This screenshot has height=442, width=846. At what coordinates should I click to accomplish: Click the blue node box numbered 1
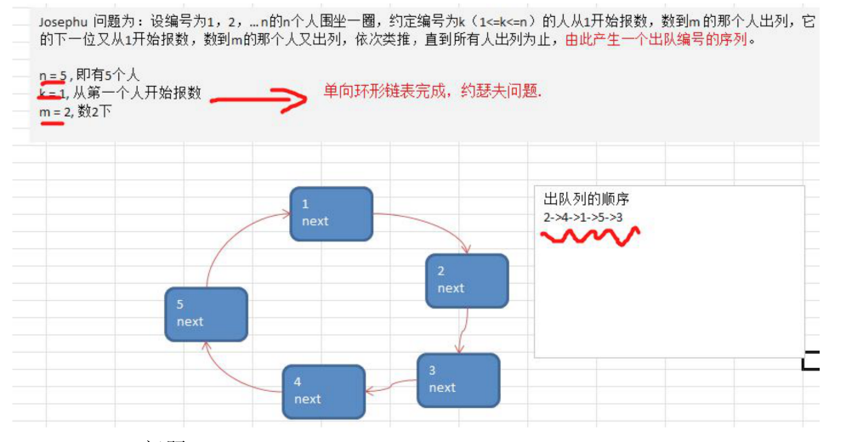tap(331, 213)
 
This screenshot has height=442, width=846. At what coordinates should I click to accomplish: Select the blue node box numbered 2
tap(467, 280)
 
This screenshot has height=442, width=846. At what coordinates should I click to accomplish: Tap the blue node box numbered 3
tap(458, 380)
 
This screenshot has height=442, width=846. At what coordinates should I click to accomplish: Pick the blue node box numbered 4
tap(323, 391)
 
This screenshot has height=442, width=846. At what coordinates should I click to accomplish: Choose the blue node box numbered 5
tap(206, 314)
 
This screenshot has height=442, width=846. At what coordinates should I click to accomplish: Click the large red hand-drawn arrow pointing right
tap(259, 100)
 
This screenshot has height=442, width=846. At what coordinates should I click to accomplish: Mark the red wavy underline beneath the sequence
tap(590, 235)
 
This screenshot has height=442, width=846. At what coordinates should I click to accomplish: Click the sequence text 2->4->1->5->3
tap(583, 218)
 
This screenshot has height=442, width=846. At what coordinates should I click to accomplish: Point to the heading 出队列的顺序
tap(587, 200)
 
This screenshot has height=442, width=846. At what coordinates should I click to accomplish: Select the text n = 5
tap(54, 75)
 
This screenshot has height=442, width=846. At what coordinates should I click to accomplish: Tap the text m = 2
tap(54, 110)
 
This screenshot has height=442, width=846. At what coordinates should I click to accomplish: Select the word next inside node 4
tap(308, 399)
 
